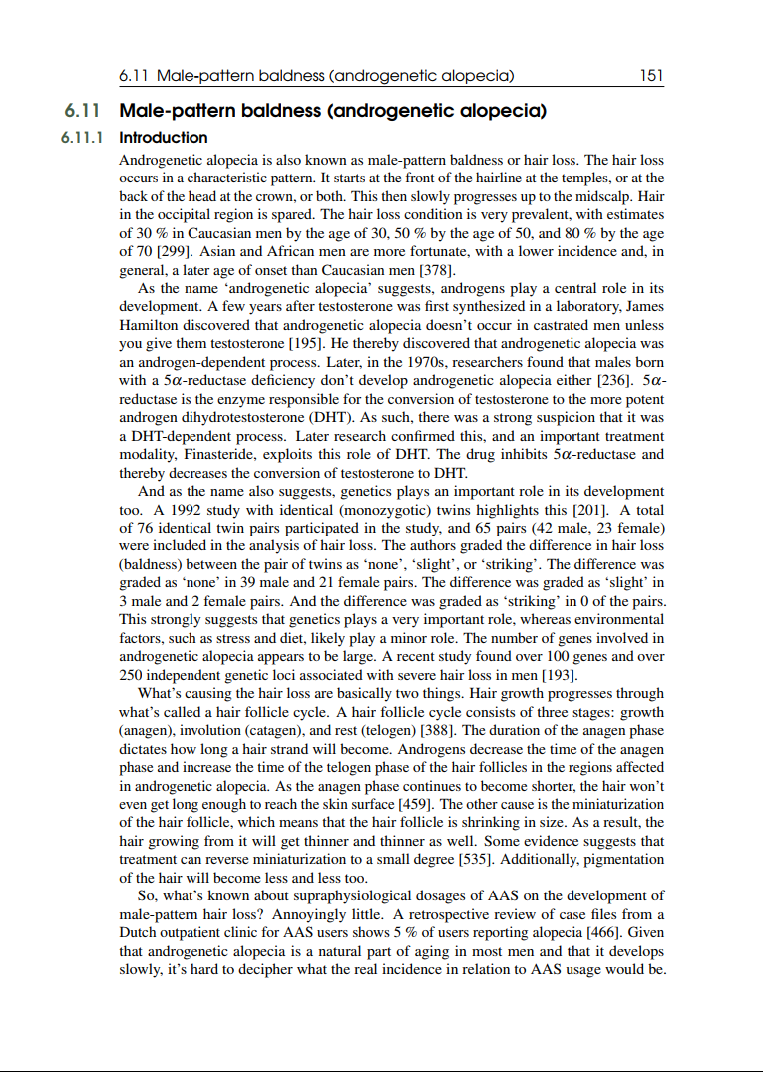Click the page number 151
pyautogui.click(x=652, y=76)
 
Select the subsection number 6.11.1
pyautogui.click(x=82, y=138)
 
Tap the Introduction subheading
pyautogui.click(x=164, y=138)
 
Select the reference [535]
pyautogui.click(x=497, y=859)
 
